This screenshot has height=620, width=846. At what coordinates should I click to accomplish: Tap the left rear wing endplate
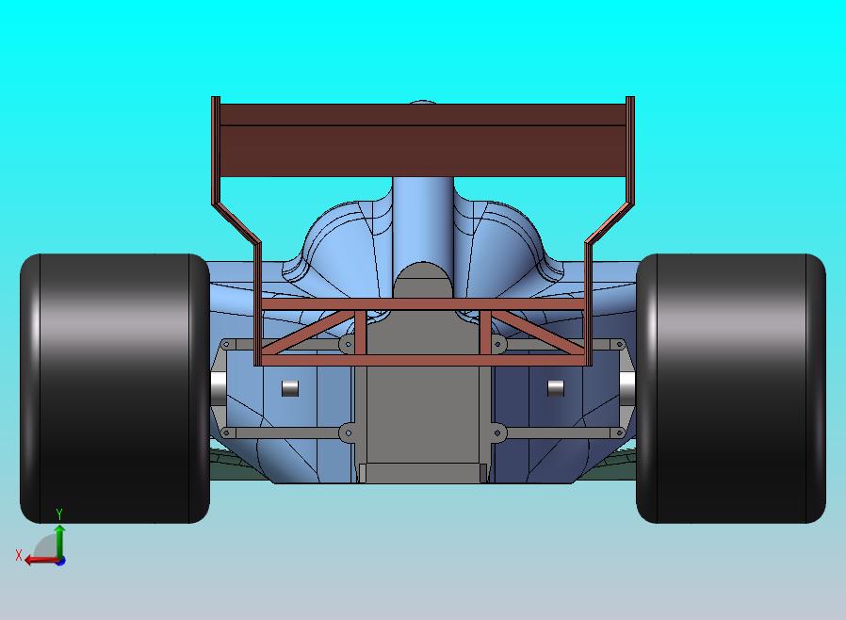(x=216, y=151)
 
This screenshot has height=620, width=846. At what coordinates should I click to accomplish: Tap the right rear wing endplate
(x=629, y=151)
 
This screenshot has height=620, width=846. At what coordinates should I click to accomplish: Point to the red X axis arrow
(x=38, y=560)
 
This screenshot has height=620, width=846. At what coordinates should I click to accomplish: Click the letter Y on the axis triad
(x=59, y=514)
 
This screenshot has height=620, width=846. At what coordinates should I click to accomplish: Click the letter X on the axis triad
(x=19, y=556)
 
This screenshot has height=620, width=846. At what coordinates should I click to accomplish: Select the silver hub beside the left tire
(x=217, y=385)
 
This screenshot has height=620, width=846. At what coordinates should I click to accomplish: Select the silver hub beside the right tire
(x=627, y=385)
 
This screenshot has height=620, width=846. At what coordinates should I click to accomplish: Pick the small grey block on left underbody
(x=290, y=387)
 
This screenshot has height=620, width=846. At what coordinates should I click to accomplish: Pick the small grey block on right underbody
(x=555, y=387)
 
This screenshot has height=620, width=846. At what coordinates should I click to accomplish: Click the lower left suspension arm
(x=283, y=433)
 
